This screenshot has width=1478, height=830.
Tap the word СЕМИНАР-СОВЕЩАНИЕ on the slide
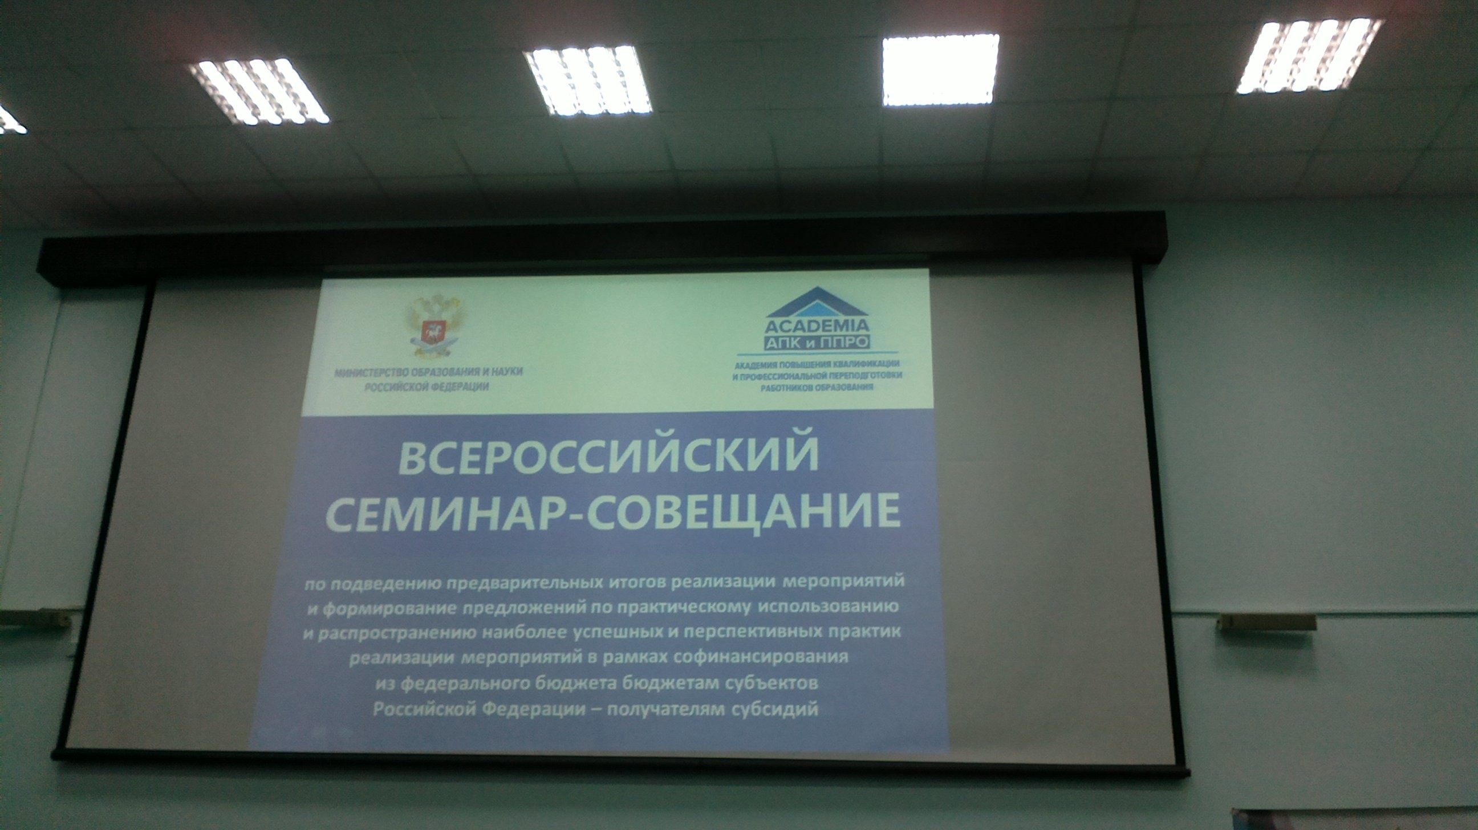pyautogui.click(x=613, y=512)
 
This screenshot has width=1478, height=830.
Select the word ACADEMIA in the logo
pyautogui.click(x=817, y=327)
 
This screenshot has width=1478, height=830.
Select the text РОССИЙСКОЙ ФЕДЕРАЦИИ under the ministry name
pyautogui.click(x=428, y=387)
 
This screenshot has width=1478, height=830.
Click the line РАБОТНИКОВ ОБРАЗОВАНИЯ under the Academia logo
pyautogui.click(x=817, y=387)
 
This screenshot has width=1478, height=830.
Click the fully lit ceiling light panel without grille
pyautogui.click(x=940, y=70)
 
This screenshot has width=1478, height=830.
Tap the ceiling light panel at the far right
pyautogui.click(x=1309, y=56)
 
